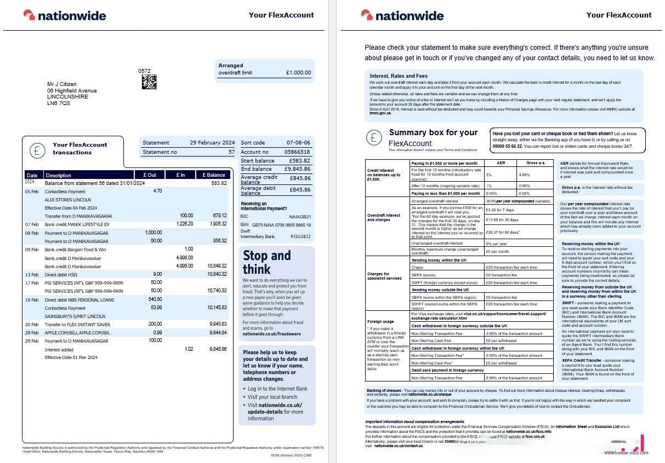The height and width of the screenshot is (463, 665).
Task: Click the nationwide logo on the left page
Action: coord(65,15)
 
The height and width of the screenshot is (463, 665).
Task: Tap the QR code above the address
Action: coord(149,82)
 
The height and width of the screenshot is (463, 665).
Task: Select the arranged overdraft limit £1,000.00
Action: coord(298,73)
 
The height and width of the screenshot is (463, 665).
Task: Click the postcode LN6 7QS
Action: coord(59,103)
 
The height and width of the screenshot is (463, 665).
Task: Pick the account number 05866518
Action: coord(297,152)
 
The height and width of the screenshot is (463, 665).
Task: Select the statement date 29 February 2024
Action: coord(212,143)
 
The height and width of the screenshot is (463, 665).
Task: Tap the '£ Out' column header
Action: coord(150,175)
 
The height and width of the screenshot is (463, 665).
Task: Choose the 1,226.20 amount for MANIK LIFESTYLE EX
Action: coord(186,224)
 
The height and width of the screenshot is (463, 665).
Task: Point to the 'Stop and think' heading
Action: coord(267,262)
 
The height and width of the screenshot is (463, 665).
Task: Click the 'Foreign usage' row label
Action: coord(380,321)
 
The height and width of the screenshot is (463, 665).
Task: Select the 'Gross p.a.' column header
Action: coord(535,163)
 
